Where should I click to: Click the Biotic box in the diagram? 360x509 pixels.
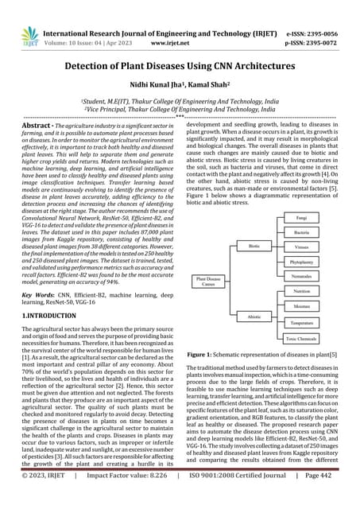[254, 247]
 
